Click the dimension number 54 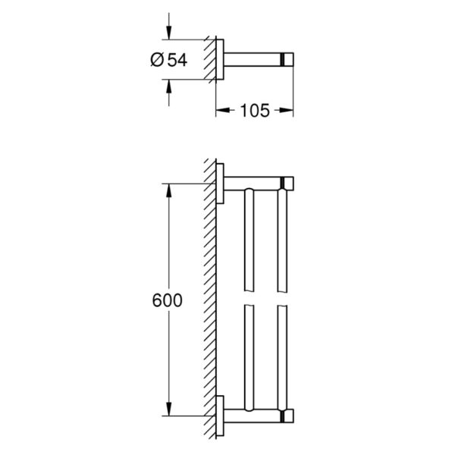(x=177, y=60)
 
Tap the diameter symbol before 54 (x=158, y=60)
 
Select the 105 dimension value (x=255, y=111)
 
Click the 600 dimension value (x=167, y=300)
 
